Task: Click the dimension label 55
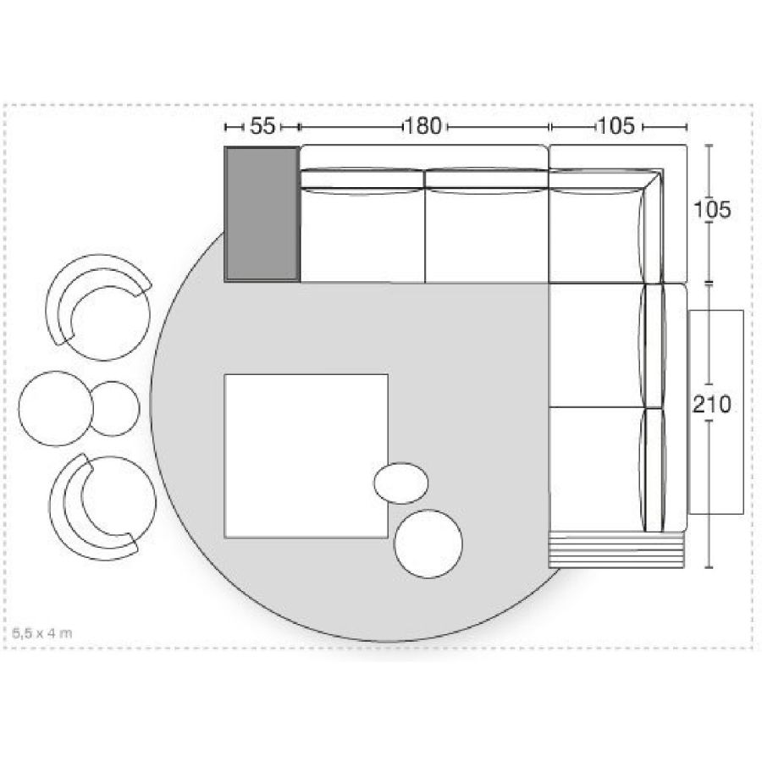262,126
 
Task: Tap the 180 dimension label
423,126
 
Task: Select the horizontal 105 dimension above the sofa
616,126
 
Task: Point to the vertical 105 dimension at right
712,210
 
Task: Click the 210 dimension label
712,405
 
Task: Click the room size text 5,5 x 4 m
42,633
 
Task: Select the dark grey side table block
262,214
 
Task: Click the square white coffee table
306,456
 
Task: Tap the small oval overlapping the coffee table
401,483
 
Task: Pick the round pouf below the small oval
428,544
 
